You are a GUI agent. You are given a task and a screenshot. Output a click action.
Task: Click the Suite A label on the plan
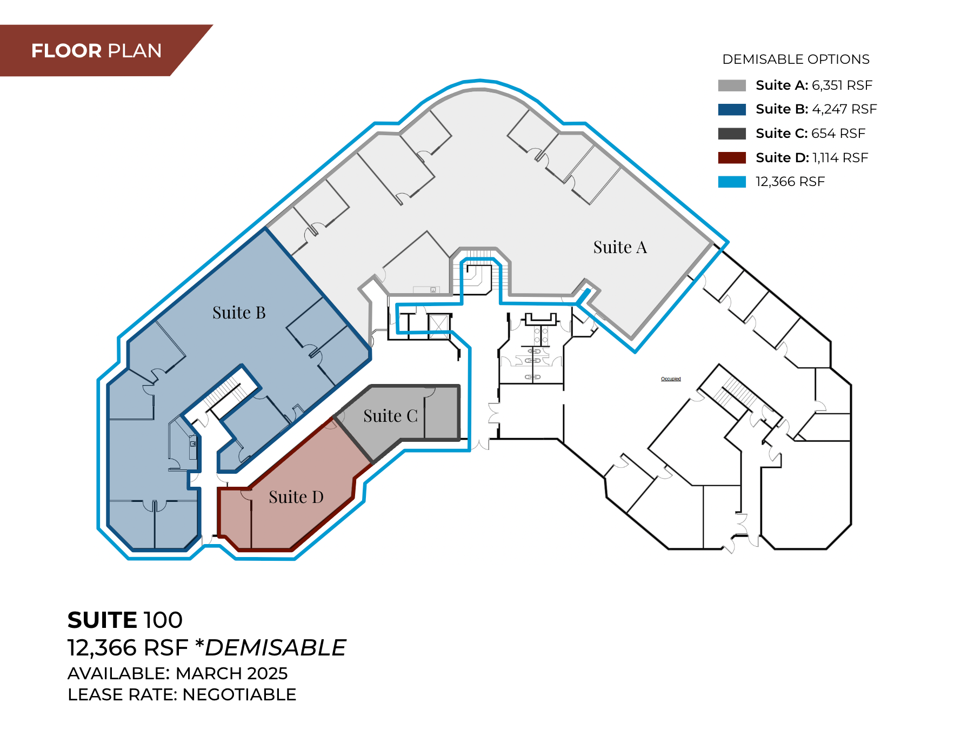[x=620, y=247]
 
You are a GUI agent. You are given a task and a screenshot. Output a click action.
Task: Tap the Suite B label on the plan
[x=239, y=313]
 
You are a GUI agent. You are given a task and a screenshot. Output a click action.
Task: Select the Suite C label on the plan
[x=390, y=416]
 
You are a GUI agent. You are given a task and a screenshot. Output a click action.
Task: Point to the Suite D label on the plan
[x=296, y=497]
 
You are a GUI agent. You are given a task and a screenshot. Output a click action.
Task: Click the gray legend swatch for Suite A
[x=732, y=85]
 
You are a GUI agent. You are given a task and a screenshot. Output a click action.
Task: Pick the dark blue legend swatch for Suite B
[x=732, y=109]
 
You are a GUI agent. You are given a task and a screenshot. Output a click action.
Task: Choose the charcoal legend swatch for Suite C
[x=732, y=134]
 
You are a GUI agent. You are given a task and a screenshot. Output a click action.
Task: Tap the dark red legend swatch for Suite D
[x=732, y=157]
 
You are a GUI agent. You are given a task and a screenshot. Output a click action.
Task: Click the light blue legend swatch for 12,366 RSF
[x=732, y=182]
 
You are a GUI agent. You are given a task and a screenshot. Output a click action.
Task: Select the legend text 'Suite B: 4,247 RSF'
[x=816, y=109]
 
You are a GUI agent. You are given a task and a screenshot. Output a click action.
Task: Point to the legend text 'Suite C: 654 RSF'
[x=810, y=134]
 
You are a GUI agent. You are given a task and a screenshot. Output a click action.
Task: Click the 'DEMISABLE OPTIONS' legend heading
[x=796, y=59]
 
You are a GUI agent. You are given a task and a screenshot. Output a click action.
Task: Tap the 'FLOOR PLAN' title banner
[x=96, y=51]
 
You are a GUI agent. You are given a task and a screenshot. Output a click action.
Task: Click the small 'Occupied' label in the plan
[x=671, y=379]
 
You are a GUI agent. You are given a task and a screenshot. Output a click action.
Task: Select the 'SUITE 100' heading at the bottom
[x=125, y=620]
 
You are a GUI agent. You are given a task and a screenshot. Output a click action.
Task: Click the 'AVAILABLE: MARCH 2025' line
[x=177, y=673]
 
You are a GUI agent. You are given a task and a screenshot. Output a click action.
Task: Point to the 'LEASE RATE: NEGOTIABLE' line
[x=182, y=694]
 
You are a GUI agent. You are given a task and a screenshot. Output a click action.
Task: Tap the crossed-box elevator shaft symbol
[x=438, y=326]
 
